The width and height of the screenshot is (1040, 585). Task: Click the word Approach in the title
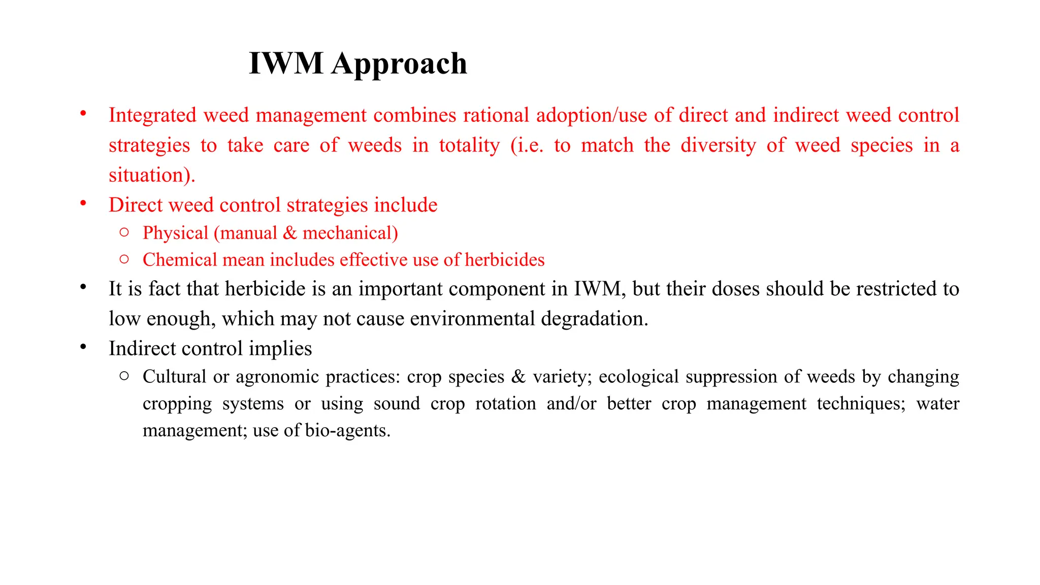[x=399, y=64]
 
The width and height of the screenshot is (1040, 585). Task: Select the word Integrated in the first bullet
[x=152, y=115]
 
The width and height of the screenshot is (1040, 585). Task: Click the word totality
[x=469, y=145]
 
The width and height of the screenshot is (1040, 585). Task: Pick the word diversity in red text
[x=718, y=145]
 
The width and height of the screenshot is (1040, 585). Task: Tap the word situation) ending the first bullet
[x=152, y=175]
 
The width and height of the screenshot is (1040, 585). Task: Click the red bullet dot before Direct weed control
[x=83, y=204]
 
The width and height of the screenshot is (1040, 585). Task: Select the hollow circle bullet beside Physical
[x=124, y=232]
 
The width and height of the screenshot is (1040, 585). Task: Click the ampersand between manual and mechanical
[x=289, y=233]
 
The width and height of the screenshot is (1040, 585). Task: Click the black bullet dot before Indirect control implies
[x=83, y=347]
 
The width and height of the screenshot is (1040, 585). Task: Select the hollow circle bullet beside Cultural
[x=124, y=376]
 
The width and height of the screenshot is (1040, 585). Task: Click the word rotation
[x=505, y=404]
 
